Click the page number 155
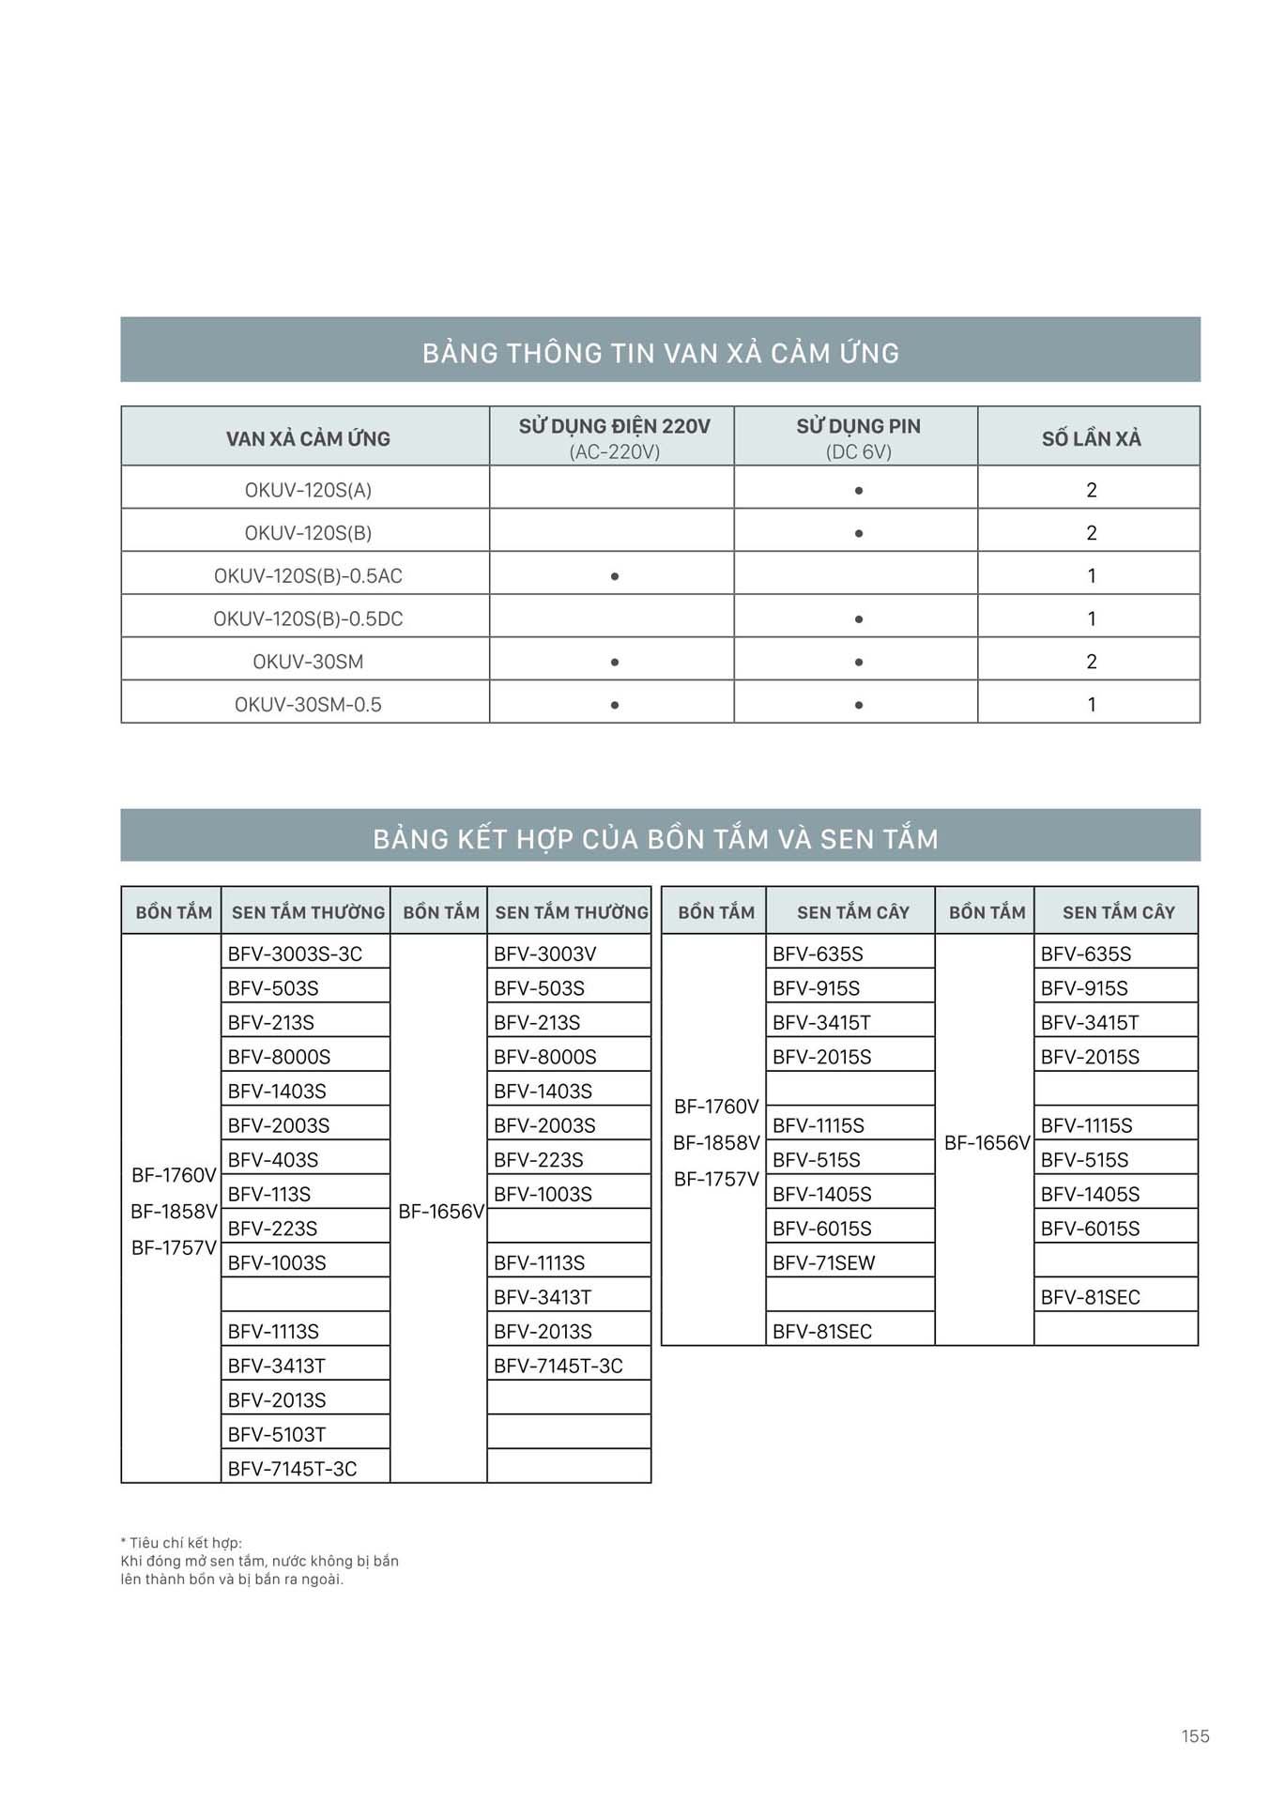[x=1195, y=1735]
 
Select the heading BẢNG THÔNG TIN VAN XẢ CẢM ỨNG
[x=660, y=353]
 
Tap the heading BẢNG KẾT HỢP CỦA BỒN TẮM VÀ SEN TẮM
[x=655, y=838]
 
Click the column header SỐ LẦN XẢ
[x=1091, y=438]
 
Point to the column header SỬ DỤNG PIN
[x=858, y=427]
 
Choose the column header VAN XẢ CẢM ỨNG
[x=308, y=438]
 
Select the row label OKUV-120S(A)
[x=308, y=490]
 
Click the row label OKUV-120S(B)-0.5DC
[x=308, y=618]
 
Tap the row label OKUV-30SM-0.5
[x=308, y=705]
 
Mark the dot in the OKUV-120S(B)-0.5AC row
[x=614, y=576]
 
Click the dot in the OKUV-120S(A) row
[x=858, y=491]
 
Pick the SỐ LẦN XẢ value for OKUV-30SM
[x=1091, y=662]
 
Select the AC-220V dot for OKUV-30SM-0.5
[x=614, y=705]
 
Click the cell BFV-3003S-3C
[x=295, y=954]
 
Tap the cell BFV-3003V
[x=544, y=954]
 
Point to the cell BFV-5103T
[x=276, y=1434]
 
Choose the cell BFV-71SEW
[x=823, y=1262]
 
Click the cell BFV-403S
[x=272, y=1159]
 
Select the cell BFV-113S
[x=268, y=1194]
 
